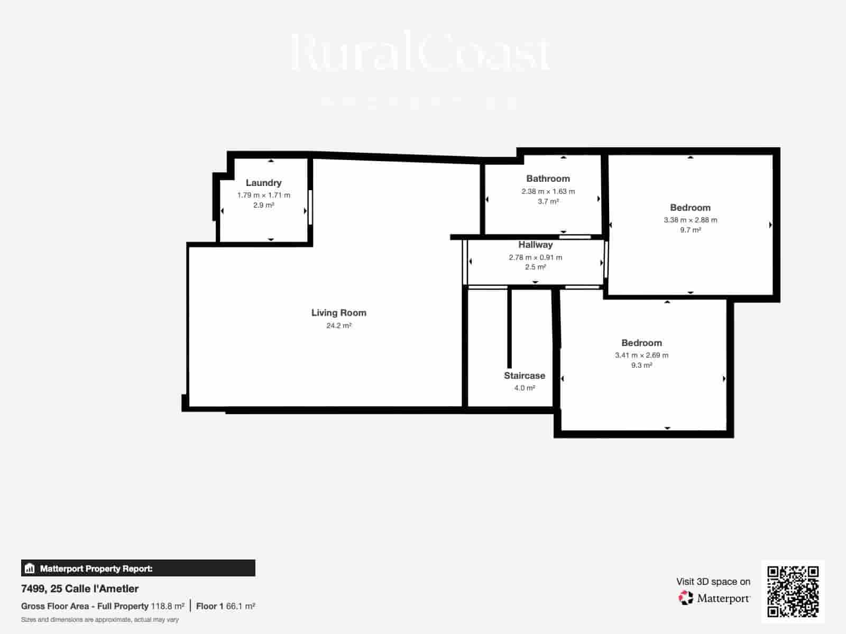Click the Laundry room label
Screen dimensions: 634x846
click(263, 183)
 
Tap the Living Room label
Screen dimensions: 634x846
click(338, 313)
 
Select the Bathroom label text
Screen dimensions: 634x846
click(548, 179)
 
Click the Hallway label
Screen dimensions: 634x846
click(535, 245)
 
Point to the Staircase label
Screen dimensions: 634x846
click(524, 376)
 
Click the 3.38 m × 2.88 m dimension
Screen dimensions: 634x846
click(690, 220)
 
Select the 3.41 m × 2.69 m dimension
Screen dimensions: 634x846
click(641, 355)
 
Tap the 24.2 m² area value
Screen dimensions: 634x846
click(338, 325)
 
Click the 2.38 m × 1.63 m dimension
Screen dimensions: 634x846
click(548, 191)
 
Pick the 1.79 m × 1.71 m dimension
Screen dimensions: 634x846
click(263, 195)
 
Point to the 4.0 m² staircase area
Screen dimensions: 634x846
click(524, 388)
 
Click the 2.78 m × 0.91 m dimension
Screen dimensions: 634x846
click(535, 257)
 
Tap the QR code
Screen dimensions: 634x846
click(793, 591)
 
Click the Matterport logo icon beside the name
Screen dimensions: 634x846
click(686, 598)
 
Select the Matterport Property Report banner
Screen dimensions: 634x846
click(138, 568)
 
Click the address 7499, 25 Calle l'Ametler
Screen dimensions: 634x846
click(80, 589)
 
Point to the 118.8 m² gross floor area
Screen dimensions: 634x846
click(168, 606)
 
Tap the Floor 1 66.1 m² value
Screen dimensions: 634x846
click(226, 606)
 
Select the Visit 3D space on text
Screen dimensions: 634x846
click(713, 582)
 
